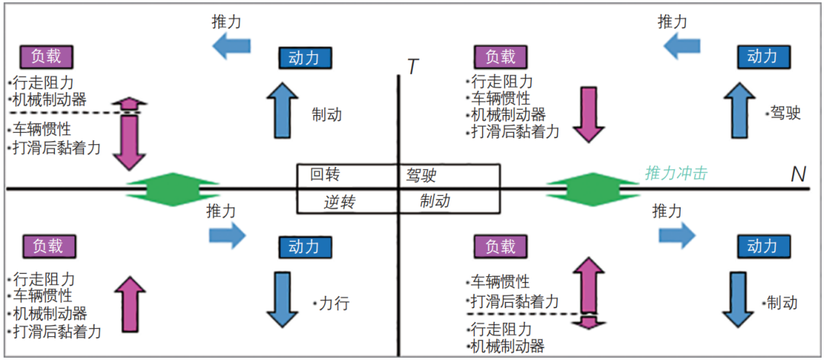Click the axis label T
tap(413, 67)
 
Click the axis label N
tap(798, 175)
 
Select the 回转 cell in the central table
tap(325, 175)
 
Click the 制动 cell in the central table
tap(435, 201)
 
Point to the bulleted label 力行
tap(331, 303)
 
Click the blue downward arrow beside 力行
tap(282, 296)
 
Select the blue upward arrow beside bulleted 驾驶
tap(738, 111)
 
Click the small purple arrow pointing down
tap(587, 321)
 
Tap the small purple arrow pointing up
tap(129, 104)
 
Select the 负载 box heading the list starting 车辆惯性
tap(501, 246)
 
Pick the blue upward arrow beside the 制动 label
tap(282, 111)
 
